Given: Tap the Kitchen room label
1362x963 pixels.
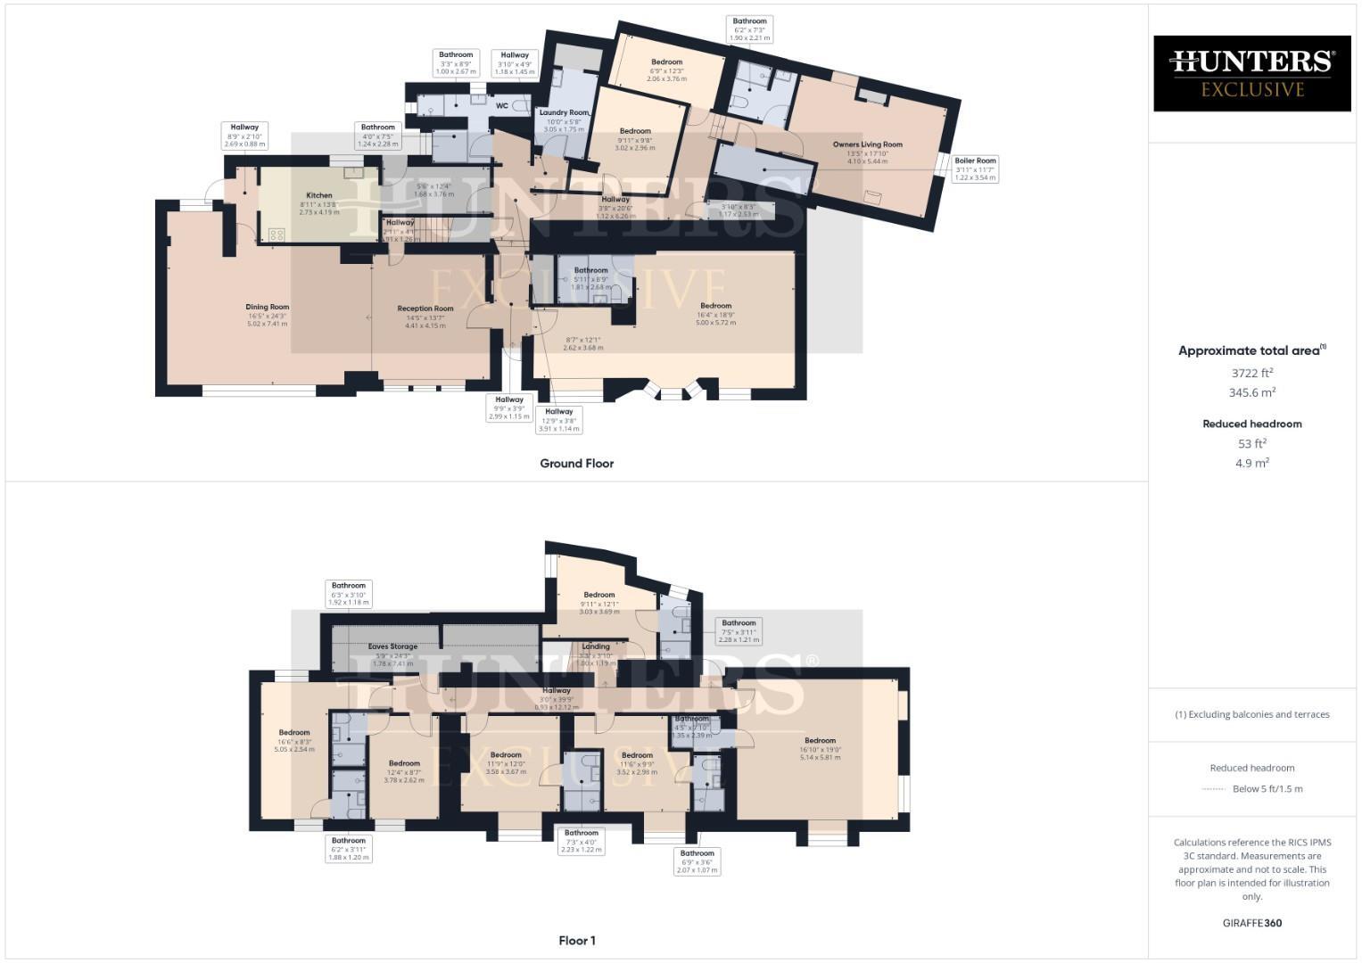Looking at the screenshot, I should click(x=318, y=195).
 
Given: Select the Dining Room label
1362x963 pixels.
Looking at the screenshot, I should click(x=268, y=308).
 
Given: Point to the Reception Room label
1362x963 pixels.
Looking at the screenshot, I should click(x=425, y=309).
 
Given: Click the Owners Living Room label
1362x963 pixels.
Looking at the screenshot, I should click(x=867, y=144).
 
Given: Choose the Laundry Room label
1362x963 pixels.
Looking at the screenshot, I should click(x=564, y=113).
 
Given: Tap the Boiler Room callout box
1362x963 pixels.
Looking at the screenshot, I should click(x=975, y=169).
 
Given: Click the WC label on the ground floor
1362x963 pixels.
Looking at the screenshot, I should click(x=502, y=106).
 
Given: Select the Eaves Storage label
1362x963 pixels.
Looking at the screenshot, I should click(x=392, y=646).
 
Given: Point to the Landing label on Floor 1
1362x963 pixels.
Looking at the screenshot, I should click(x=596, y=646).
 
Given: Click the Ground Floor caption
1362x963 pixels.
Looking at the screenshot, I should click(x=576, y=464).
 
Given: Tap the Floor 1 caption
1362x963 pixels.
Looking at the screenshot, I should click(x=576, y=941).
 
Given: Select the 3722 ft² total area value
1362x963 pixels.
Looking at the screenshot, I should click(x=1252, y=373).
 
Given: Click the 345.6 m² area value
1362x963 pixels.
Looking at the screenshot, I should click(x=1252, y=392).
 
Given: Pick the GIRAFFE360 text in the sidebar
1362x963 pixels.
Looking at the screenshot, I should click(x=1252, y=923).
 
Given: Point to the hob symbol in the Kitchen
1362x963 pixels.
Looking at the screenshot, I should click(x=276, y=235).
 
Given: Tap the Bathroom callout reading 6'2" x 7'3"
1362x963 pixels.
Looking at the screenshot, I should click(x=749, y=29).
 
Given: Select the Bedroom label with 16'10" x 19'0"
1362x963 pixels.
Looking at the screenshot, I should click(x=820, y=740).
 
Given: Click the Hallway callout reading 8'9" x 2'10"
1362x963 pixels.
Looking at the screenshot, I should click(x=244, y=136).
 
